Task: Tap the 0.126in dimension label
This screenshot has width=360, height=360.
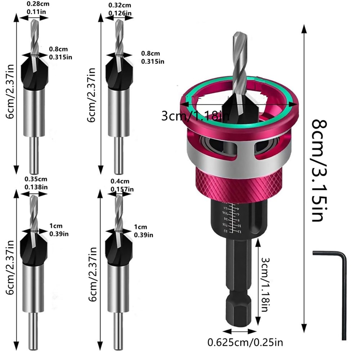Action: point(120,13)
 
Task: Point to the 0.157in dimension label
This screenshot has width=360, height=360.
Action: point(122,189)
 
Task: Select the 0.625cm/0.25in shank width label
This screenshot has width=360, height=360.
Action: point(252,341)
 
